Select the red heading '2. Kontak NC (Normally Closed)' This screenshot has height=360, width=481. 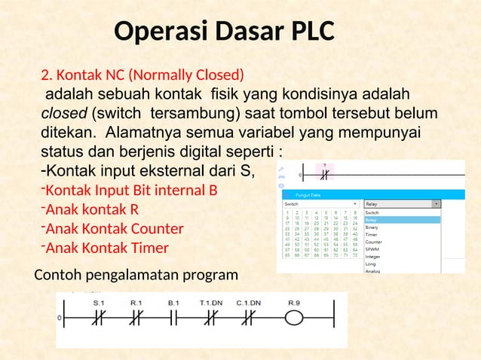pos(142,75)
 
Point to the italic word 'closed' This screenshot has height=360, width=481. pos(63,114)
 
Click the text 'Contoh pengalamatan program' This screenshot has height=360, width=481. pos(136,277)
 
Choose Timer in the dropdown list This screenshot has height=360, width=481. pos(373,234)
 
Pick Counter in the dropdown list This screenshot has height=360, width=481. pos(374,242)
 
